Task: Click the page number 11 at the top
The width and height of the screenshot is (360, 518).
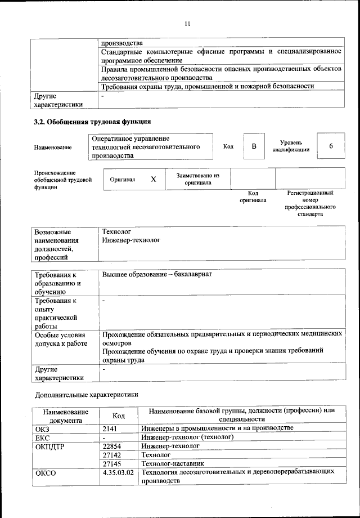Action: (188, 23)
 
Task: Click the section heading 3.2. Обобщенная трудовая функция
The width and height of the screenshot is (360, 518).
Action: (92, 121)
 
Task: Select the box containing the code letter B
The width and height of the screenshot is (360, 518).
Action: (254, 146)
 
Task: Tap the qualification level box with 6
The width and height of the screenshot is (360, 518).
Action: (331, 146)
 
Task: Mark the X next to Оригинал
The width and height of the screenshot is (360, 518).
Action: (153, 179)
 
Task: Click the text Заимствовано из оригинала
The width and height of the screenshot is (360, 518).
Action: (197, 179)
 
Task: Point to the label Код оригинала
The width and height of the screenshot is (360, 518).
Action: (253, 197)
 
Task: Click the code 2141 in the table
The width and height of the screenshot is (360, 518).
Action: (110, 428)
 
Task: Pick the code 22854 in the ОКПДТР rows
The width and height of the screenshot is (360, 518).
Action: (112, 445)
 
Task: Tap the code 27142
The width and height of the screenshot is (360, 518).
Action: (112, 454)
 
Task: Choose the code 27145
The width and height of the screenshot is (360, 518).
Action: (112, 463)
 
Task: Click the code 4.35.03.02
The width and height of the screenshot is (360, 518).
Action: (118, 472)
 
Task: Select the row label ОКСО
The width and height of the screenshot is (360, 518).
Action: (46, 473)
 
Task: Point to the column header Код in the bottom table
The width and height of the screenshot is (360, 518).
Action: (118, 416)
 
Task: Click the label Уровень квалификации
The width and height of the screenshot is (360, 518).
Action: (291, 146)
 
